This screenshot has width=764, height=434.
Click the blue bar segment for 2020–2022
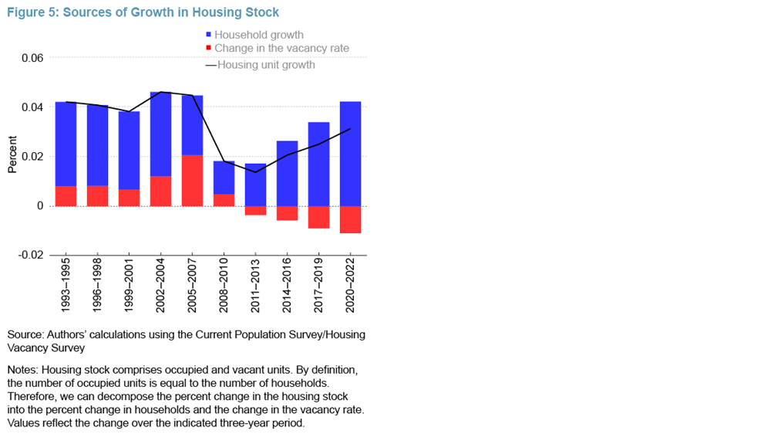[350, 154]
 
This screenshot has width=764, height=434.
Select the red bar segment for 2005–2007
[192, 181]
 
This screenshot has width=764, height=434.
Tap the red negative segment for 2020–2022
[350, 219]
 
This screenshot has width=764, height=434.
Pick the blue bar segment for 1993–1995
[66, 144]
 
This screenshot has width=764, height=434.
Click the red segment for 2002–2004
[160, 191]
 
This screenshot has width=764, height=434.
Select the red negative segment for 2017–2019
[318, 217]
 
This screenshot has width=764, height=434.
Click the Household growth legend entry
[258, 35]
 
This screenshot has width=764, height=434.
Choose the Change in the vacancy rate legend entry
[281, 49]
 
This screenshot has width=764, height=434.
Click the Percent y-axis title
[12, 157]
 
